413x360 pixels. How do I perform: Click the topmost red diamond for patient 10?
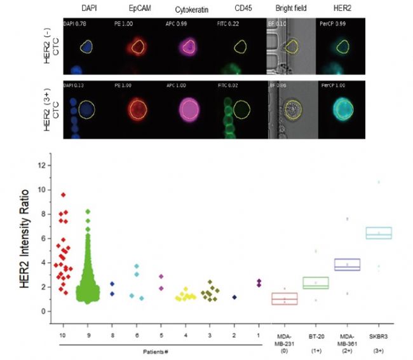pyautogui.click(x=64, y=195)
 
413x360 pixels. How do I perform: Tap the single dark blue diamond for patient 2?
pyautogui.click(x=234, y=297)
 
